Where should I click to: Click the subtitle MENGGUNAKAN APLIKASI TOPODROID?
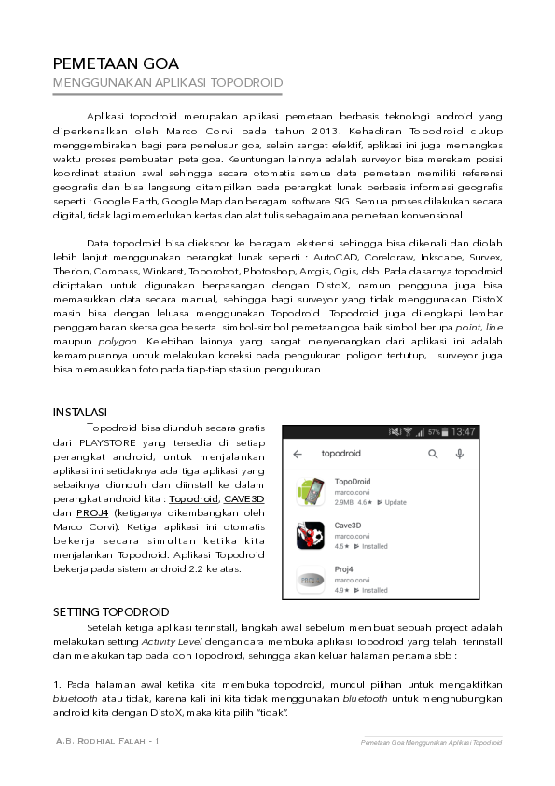tap(167, 83)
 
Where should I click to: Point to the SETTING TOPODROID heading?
tap(110, 611)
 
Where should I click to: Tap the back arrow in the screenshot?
tap(298, 455)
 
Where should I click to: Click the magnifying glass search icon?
tap(433, 455)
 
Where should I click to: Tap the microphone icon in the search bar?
tap(460, 455)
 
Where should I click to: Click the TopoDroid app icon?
tap(310, 492)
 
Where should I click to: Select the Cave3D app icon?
tap(310, 536)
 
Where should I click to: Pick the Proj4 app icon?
tap(310, 580)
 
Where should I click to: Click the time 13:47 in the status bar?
tap(464, 431)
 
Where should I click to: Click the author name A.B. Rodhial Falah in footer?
tap(104, 742)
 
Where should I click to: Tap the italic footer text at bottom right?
tap(432, 743)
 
